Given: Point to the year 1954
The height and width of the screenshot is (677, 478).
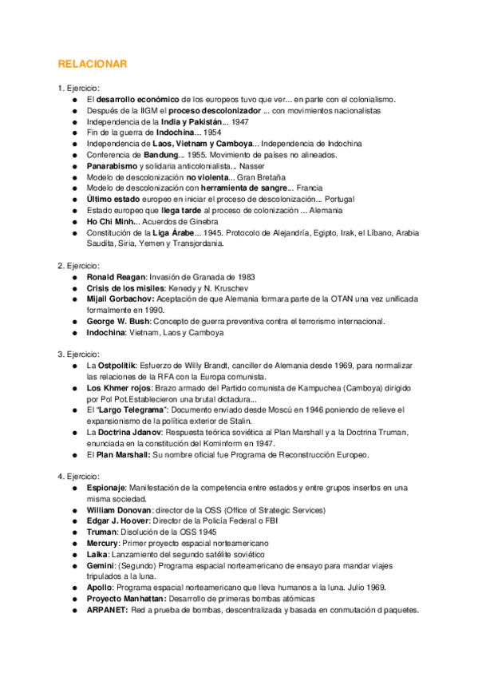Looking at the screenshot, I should pos(211,133).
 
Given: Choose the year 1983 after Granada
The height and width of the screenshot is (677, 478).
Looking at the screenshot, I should pos(243,277).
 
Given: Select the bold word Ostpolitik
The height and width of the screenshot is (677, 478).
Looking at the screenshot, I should pos(122,365).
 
